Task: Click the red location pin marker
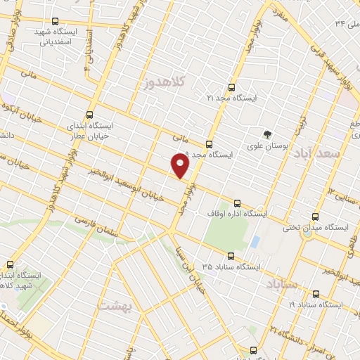(x=181, y=165)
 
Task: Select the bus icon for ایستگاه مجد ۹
(x=209, y=143)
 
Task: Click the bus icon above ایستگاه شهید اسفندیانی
(x=56, y=21)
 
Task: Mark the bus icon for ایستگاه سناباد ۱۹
(x=316, y=294)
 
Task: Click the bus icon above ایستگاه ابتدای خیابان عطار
(x=89, y=115)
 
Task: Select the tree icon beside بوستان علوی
(x=267, y=134)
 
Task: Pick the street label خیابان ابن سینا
(x=193, y=270)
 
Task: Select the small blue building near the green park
(x=255, y=242)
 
